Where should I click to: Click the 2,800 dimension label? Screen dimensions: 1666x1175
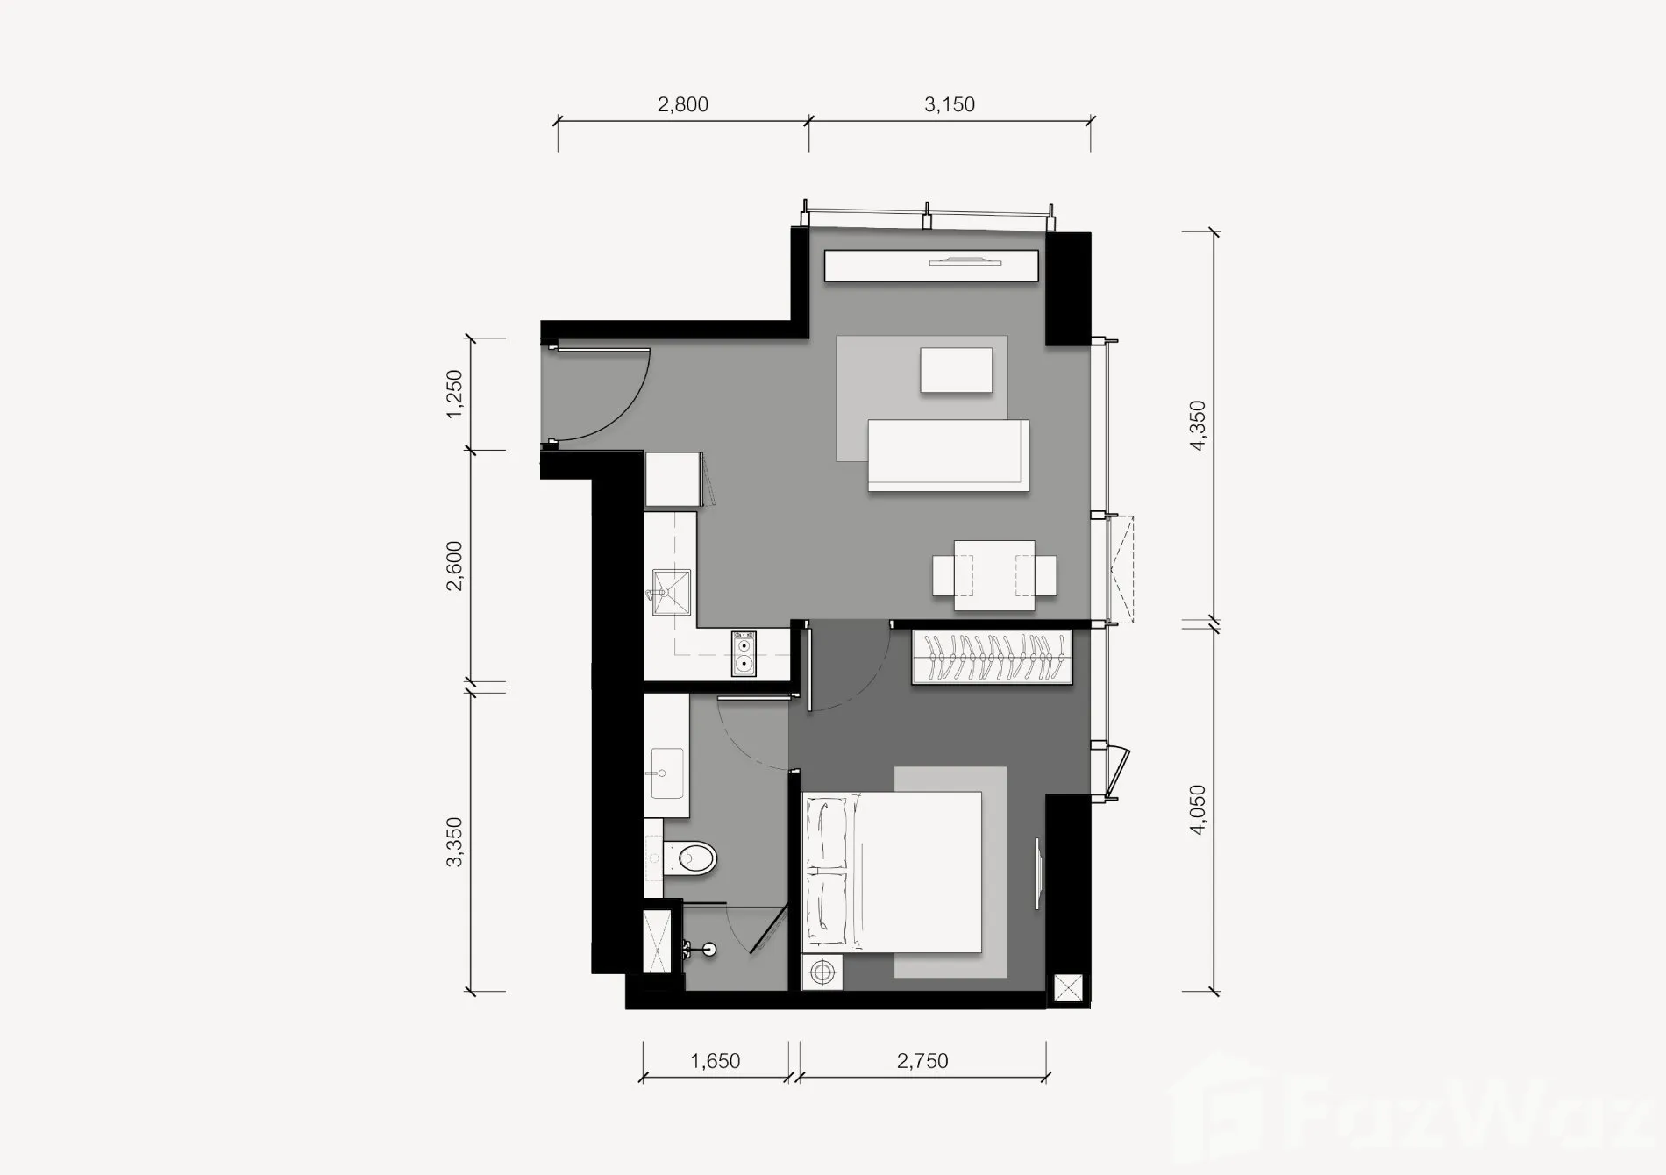click(x=683, y=104)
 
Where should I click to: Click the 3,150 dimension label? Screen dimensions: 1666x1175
click(x=950, y=104)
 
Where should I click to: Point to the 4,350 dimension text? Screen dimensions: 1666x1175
click(x=1198, y=426)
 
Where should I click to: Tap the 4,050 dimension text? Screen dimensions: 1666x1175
click(x=1198, y=809)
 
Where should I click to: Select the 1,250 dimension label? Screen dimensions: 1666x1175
click(x=453, y=394)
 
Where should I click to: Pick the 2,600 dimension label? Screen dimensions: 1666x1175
click(x=453, y=566)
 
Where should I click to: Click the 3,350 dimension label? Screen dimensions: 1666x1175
click(x=453, y=842)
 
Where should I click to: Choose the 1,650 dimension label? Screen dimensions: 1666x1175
click(x=716, y=1061)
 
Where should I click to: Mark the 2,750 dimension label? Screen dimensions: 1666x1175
click(x=922, y=1061)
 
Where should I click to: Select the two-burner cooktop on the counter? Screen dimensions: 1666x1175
click(x=744, y=653)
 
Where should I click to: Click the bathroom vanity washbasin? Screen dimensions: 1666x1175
click(x=666, y=773)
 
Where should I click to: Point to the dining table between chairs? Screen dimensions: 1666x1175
click(x=993, y=575)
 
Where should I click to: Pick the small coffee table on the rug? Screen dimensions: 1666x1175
click(x=957, y=370)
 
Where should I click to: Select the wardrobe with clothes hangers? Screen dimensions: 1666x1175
click(x=993, y=657)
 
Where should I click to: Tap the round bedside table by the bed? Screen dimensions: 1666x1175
click(x=822, y=972)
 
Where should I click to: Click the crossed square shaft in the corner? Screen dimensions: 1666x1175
click(x=1067, y=987)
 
